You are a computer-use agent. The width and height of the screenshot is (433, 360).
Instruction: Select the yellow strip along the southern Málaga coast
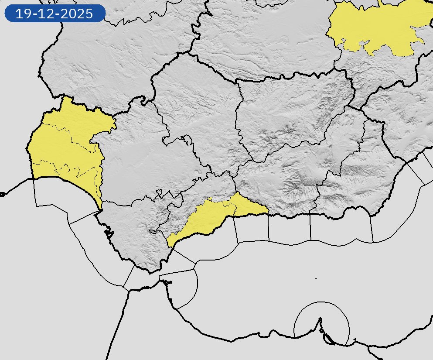click(x=209, y=218)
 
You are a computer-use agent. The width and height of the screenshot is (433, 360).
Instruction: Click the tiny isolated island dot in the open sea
click(x=316, y=278)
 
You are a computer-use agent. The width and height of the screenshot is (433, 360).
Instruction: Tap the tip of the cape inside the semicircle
click(x=320, y=320)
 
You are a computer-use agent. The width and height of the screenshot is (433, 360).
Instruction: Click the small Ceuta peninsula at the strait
click(x=167, y=282)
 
